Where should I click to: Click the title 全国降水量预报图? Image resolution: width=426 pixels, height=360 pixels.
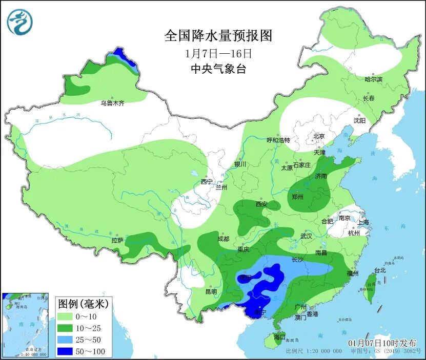click(x=218, y=35)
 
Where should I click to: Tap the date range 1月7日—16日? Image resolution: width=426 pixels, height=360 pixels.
click(x=218, y=53)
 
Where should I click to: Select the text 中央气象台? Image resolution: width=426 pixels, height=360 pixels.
click(x=218, y=69)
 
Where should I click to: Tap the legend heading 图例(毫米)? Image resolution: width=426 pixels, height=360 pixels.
click(x=83, y=304)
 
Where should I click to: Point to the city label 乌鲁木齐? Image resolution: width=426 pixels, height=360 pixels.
click(x=112, y=103)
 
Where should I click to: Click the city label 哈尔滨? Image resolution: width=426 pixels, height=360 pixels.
click(x=373, y=79)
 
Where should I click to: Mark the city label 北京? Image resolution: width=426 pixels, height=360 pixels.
click(x=319, y=136)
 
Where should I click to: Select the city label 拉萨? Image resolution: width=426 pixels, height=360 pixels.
click(x=117, y=240)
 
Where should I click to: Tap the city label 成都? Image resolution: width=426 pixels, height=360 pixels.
click(x=223, y=239)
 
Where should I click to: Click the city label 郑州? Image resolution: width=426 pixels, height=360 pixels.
click(x=297, y=197)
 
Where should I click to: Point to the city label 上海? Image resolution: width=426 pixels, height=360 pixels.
click(x=363, y=222)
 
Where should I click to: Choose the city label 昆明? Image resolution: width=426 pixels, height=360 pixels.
click(x=211, y=292)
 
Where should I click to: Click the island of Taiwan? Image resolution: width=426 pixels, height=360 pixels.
click(x=370, y=287)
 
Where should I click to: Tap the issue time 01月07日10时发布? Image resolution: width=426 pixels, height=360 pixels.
click(x=382, y=343)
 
